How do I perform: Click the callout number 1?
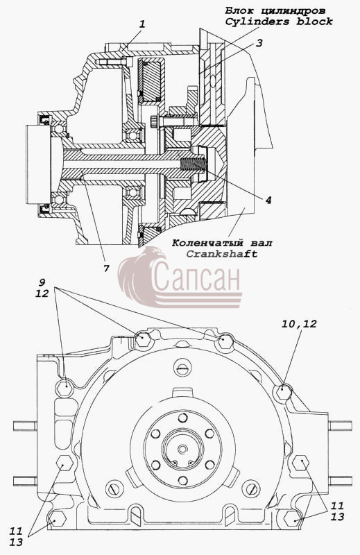142,24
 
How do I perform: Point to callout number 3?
259,43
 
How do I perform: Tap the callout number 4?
268,200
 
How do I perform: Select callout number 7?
106,268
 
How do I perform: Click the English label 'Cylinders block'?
279,22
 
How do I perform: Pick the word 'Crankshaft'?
222,254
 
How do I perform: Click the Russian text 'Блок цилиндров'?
275,11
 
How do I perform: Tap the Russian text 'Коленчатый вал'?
222,244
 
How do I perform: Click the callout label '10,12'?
299,324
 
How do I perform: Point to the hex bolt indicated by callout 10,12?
282,392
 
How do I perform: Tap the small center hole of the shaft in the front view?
182,450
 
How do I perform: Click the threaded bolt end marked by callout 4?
193,164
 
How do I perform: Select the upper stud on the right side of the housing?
340,426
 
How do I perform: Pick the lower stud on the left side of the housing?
25,481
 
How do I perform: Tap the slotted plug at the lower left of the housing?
114,489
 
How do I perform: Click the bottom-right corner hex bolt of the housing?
293,518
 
